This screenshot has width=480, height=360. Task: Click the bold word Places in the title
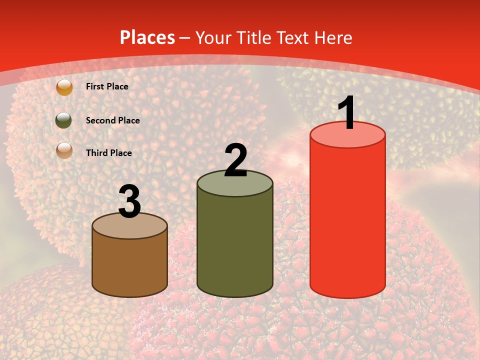pos(147,37)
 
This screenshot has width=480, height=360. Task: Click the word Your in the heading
pos(214,37)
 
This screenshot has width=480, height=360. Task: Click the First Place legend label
pos(107,86)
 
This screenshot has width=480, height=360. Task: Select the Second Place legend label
pos(112,120)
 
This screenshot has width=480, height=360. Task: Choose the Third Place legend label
pos(108,153)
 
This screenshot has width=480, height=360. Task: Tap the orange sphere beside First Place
pos(64,87)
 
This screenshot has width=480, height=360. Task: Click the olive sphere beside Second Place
pos(63,120)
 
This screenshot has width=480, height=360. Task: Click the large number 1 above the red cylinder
pos(347,113)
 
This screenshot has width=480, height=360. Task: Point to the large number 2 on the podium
pos(235,160)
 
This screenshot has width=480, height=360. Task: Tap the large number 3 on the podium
pos(130,202)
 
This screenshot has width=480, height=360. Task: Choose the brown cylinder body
pos(130,265)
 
